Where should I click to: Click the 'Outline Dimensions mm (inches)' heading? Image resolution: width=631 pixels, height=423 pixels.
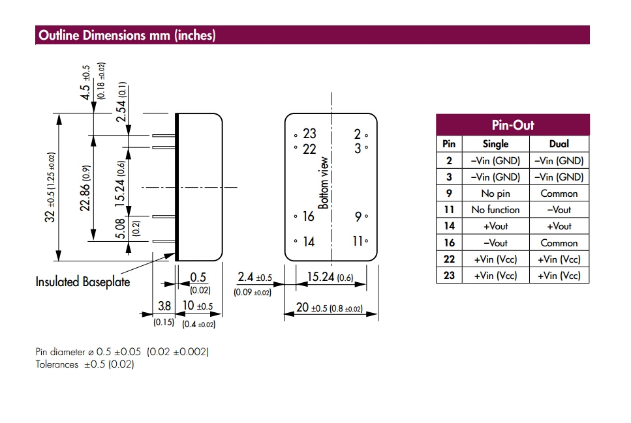click(127, 35)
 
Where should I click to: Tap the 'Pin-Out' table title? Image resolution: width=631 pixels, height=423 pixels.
click(512, 125)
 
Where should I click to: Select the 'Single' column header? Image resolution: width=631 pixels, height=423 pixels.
click(495, 144)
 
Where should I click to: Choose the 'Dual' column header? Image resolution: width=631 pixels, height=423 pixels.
click(559, 144)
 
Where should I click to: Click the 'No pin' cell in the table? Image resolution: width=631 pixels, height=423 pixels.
click(495, 194)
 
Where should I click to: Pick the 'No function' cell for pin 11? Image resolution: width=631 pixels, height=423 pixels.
click(495, 210)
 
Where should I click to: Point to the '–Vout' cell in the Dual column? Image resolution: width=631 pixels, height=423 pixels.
click(559, 210)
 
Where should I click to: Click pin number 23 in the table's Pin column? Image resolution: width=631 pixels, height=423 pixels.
click(449, 276)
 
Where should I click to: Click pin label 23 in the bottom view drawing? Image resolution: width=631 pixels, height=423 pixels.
click(309, 134)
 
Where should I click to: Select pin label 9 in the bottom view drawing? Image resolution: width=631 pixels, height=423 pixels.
click(358, 216)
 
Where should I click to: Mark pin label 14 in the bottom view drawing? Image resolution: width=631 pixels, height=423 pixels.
click(309, 242)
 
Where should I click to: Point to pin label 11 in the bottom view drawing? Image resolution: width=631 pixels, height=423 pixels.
click(358, 241)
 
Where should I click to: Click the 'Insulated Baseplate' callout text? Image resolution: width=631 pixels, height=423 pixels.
click(83, 282)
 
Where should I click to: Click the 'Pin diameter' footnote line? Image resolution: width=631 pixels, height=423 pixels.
click(122, 352)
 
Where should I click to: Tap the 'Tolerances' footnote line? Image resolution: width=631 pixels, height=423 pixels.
click(85, 364)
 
